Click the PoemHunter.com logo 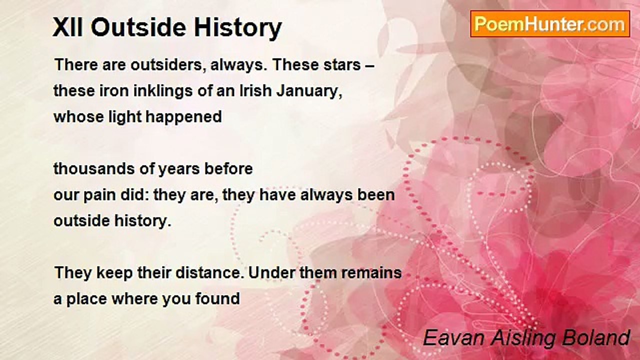click(x=550, y=23)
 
